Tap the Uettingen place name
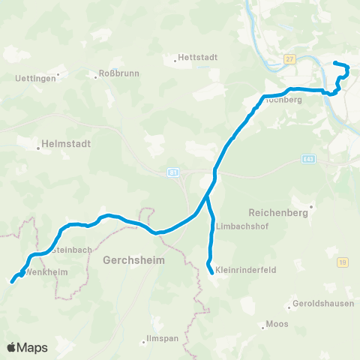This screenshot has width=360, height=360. [35, 78]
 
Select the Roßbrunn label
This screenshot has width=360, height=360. [116, 74]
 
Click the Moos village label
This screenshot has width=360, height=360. [277, 325]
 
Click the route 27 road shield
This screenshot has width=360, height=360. [289, 59]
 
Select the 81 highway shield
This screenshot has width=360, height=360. [172, 172]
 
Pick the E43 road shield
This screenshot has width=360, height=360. [308, 159]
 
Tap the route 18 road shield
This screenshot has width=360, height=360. [342, 262]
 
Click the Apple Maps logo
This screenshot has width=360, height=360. [28, 347]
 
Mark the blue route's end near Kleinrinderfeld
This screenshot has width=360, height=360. [211, 272]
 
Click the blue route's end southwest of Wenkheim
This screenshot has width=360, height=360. [12, 282]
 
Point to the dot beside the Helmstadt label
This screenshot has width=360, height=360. [37, 148]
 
